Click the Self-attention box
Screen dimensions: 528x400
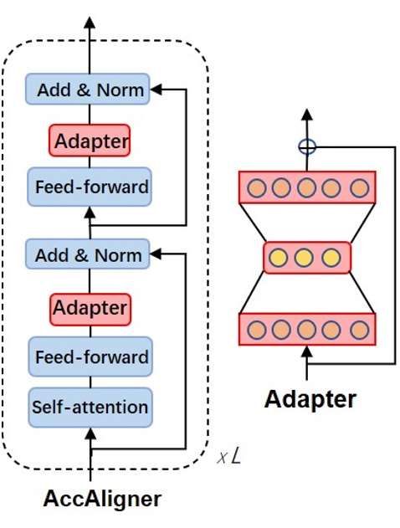click(x=90, y=408)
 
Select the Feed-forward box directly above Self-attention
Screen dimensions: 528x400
click(x=90, y=357)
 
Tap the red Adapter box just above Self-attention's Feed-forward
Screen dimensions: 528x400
click(x=90, y=308)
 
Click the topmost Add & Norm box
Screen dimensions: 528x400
click(x=88, y=89)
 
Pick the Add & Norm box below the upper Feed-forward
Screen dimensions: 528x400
click(x=88, y=254)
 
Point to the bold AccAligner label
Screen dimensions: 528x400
click(x=101, y=500)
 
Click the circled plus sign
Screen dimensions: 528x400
click(x=308, y=146)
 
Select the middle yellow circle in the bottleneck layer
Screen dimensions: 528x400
click(x=307, y=257)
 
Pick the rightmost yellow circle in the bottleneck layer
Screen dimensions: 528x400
click(x=331, y=257)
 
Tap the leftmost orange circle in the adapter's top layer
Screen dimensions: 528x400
click(x=256, y=187)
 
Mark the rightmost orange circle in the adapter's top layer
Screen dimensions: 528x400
click(x=359, y=187)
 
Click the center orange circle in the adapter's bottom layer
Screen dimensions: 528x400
click(x=307, y=329)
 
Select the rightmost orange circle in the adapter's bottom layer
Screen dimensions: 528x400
click(x=359, y=329)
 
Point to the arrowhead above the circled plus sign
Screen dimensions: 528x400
click(x=308, y=115)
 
